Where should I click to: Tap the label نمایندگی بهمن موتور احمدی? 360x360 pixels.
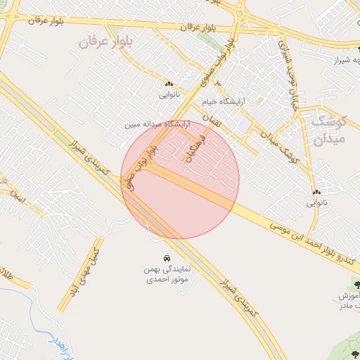point(165,274)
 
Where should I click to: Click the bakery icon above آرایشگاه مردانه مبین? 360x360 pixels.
point(169,83)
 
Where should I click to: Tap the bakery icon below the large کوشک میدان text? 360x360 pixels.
point(316,192)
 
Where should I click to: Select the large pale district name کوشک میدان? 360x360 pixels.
point(327,128)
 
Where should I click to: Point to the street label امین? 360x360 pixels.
point(17,199)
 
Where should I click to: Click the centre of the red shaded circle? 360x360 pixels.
point(180,179)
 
